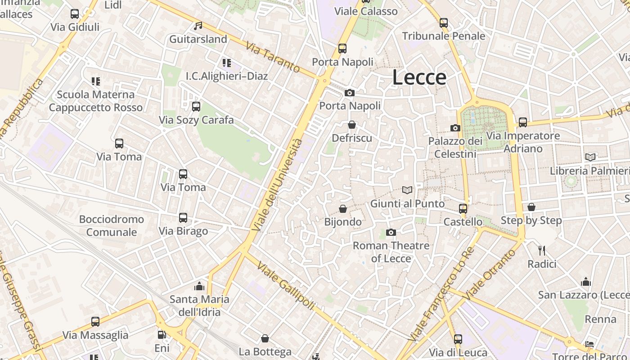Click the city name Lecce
[x=419, y=77]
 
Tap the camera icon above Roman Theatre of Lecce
[x=391, y=233]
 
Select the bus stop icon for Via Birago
[x=183, y=218]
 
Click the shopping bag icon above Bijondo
[x=343, y=209]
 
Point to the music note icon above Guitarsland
[x=198, y=26]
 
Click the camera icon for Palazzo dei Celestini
[x=455, y=128]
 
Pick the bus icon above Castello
[x=463, y=209]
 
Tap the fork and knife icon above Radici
[x=542, y=251]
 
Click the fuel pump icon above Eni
[x=162, y=335]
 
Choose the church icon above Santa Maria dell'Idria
[x=199, y=286]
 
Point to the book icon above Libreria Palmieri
[x=590, y=157]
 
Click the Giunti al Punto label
[x=407, y=204]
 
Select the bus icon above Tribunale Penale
[x=444, y=23]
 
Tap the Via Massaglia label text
[x=95, y=335]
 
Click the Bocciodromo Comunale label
[x=112, y=226]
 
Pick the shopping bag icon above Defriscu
[x=352, y=125]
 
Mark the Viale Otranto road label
[x=490, y=274]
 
